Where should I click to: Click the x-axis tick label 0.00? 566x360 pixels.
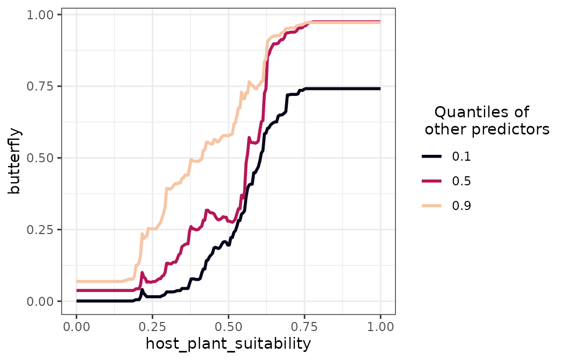(x=76, y=326)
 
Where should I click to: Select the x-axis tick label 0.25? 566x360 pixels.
(x=152, y=326)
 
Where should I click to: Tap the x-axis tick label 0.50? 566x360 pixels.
(x=228, y=326)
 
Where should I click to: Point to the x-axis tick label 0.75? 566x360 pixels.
(x=304, y=326)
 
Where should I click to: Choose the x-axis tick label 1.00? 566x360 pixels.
(x=381, y=326)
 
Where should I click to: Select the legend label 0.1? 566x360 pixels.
(x=461, y=156)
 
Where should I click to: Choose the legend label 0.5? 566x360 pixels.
(x=461, y=181)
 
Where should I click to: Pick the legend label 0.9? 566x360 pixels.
(x=461, y=206)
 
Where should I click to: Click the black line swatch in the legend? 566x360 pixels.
(x=432, y=156)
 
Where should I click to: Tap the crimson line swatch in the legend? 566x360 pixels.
(x=432, y=181)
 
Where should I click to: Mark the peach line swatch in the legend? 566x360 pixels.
(x=432, y=206)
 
